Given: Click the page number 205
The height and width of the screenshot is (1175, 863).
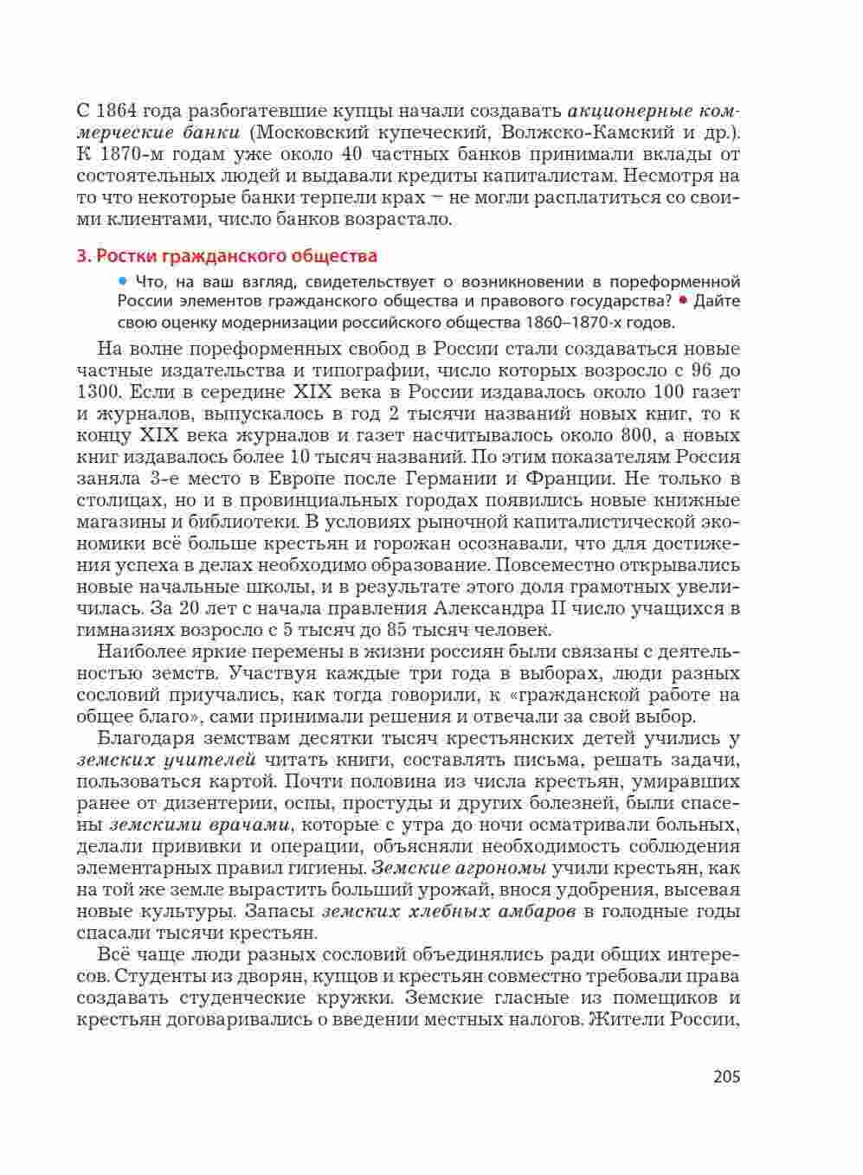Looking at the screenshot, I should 726,1077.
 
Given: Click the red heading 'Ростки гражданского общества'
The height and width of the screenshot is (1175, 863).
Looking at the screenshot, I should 235,256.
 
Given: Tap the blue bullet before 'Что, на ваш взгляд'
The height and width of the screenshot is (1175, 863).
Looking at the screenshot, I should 123,280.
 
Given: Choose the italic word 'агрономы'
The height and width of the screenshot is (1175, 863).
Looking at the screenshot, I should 495,868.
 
